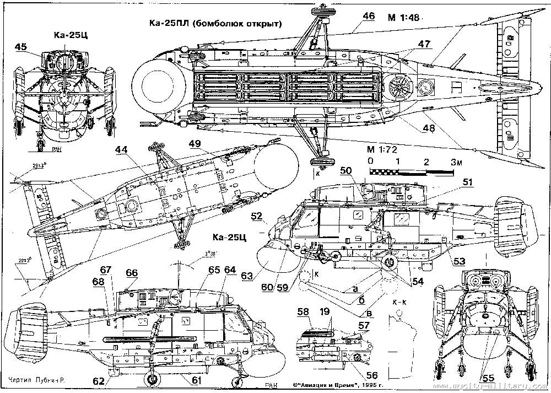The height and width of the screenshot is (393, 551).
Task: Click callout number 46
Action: tap(369, 16)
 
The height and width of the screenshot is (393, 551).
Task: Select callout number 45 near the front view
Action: tap(21, 47)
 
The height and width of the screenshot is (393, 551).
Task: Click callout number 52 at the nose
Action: tap(256, 217)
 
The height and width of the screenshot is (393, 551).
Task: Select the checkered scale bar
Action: tap(410, 172)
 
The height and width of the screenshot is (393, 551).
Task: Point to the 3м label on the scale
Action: tap(455, 162)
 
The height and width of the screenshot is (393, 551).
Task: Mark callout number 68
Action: tap(98, 282)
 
